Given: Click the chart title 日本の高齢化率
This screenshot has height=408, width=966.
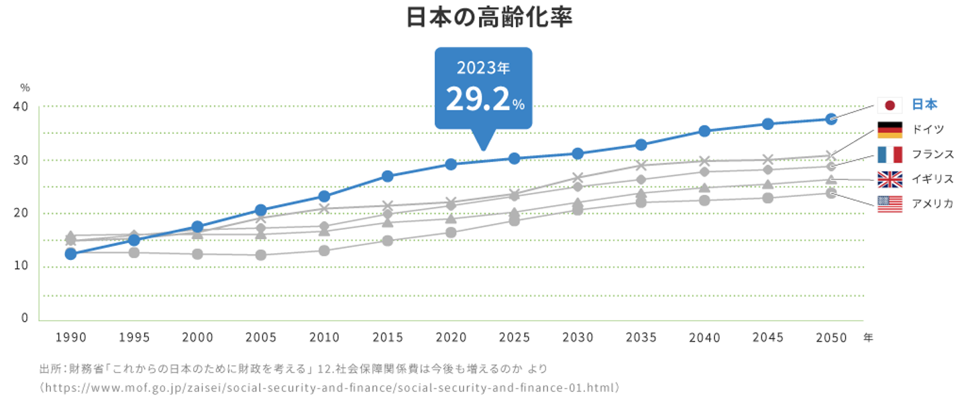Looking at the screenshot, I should (488, 18).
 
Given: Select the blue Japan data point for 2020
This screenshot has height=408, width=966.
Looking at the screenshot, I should (451, 164).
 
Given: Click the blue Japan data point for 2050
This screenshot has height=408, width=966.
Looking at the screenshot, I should (830, 119).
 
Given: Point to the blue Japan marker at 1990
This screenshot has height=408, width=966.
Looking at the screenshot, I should (70, 254).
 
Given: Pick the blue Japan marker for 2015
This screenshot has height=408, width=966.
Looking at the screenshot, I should (387, 176).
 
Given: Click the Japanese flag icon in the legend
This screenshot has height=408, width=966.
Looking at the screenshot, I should (890, 105).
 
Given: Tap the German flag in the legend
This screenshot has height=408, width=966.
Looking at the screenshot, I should (890, 130).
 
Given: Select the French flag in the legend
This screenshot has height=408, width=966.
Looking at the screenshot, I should (890, 155).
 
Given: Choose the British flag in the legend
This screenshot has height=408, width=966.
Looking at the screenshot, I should (890, 179).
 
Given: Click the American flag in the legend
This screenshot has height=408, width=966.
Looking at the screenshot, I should (890, 204).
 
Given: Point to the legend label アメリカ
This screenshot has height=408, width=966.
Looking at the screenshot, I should (932, 204).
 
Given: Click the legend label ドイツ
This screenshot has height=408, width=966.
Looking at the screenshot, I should (928, 130).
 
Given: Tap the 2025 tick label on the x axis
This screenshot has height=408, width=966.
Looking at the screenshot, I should (514, 337).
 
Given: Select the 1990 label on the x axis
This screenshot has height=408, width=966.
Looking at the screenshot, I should (70, 337).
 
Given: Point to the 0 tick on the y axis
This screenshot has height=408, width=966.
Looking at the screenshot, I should (25, 318).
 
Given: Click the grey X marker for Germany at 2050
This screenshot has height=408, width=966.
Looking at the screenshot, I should (830, 155).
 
